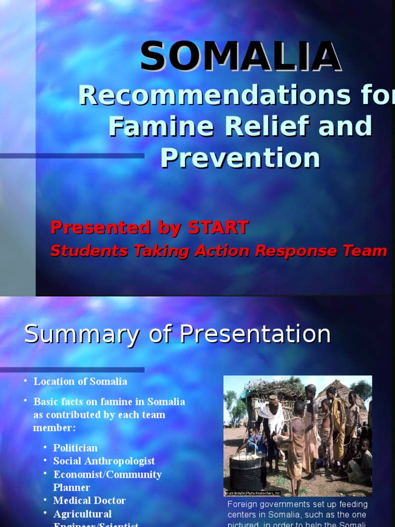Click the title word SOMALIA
point(240,57)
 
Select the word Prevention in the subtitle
point(240,158)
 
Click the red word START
point(218,227)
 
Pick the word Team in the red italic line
point(366,251)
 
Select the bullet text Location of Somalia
point(80,381)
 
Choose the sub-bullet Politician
point(75,448)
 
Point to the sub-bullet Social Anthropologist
point(104,461)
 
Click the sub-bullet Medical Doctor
point(89,500)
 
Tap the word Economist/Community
point(107,475)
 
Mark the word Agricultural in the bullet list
point(82,514)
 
